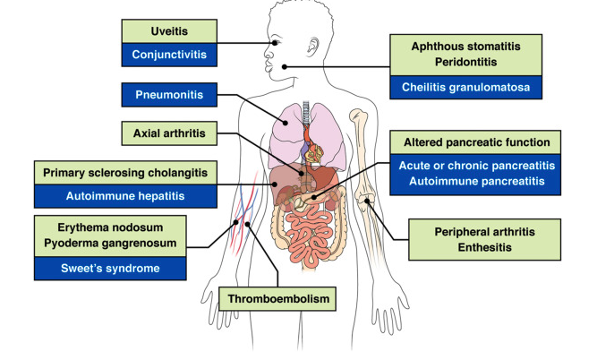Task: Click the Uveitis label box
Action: (168, 30)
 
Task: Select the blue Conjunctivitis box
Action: (168, 55)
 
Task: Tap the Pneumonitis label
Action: (168, 93)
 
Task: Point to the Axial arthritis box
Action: (168, 134)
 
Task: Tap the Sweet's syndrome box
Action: (110, 267)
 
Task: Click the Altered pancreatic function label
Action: (476, 142)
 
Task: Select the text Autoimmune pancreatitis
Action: (476, 183)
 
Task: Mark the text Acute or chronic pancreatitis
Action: (476, 166)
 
